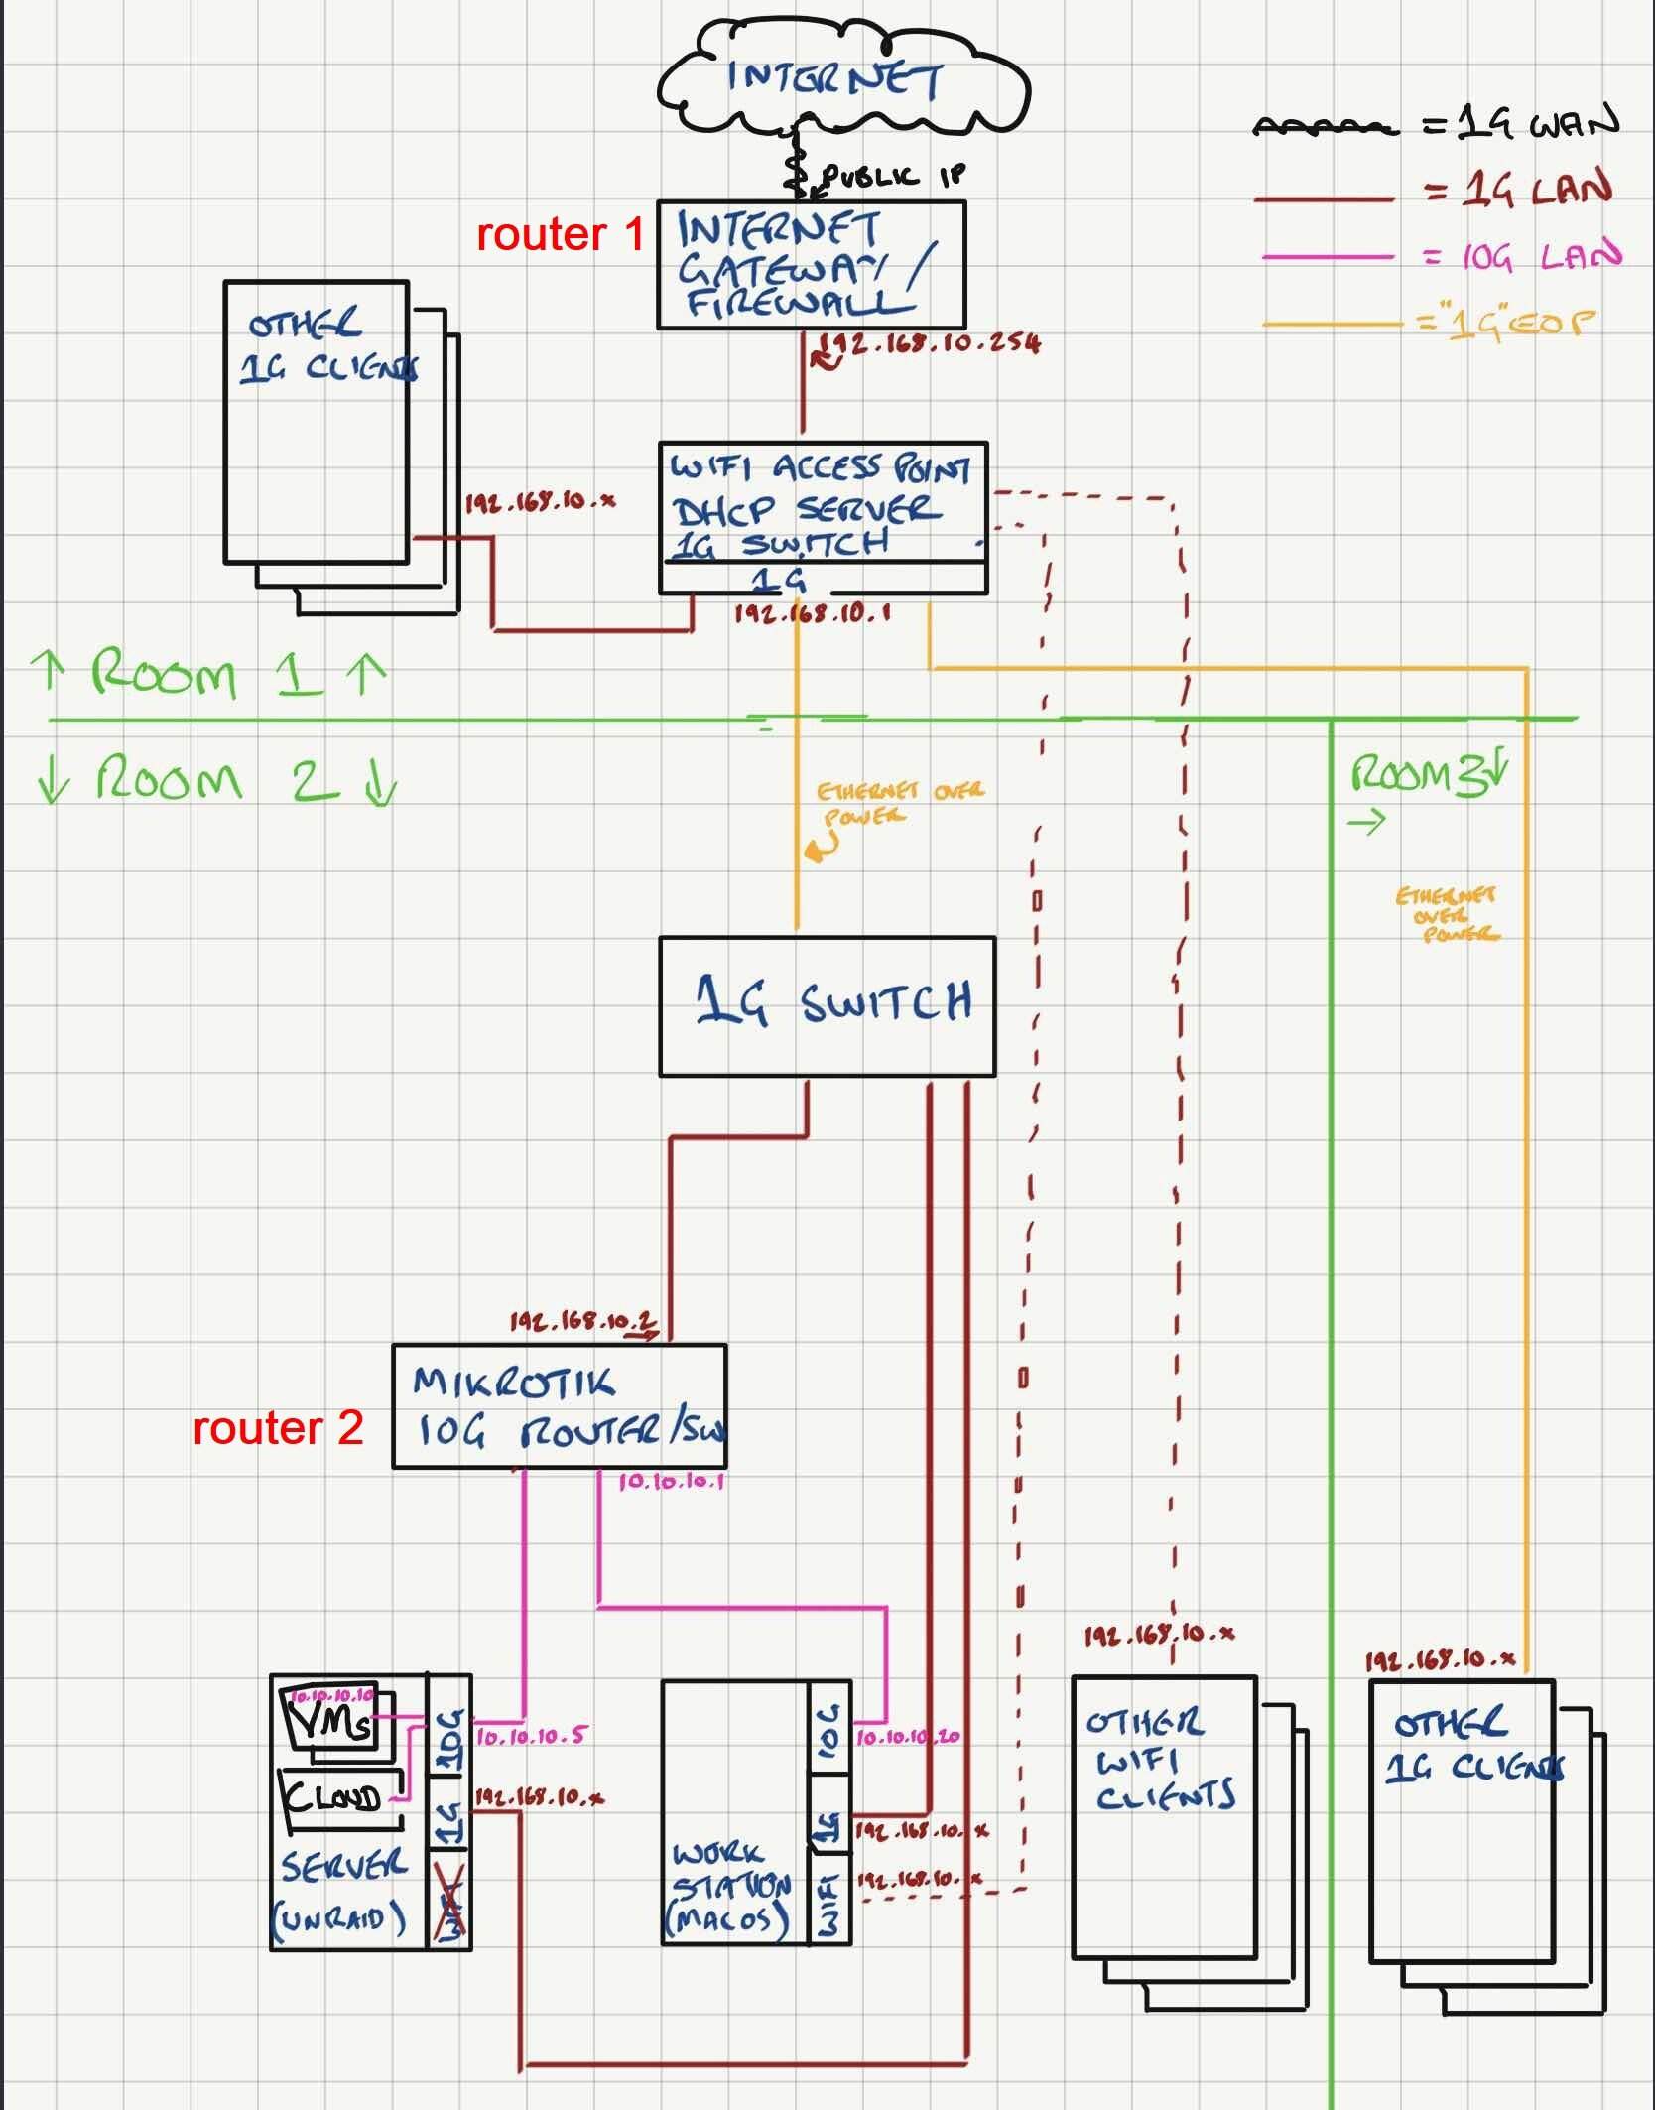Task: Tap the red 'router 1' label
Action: pos(561,235)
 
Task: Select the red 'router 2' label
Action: pos(278,1428)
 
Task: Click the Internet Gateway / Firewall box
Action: pos(811,265)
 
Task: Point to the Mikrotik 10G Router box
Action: pos(559,1405)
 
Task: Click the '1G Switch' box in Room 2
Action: pos(827,1005)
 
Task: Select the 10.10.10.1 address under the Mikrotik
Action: pos(672,1482)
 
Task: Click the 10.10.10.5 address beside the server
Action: pos(531,1737)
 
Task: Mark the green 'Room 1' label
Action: pos(208,674)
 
